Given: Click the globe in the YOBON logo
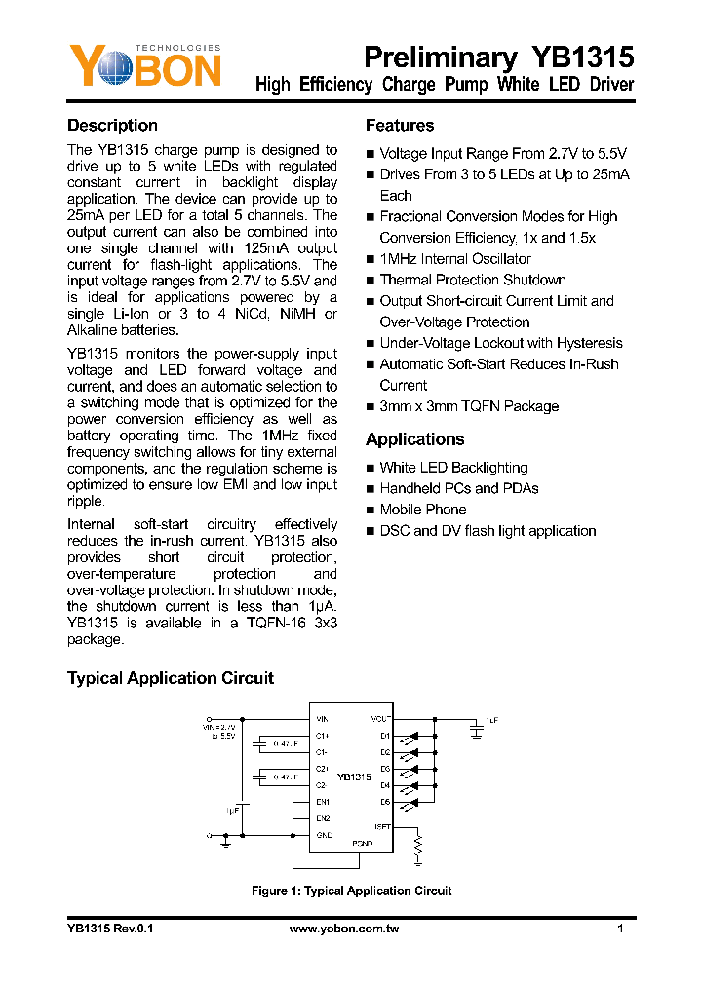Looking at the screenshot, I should pyautogui.click(x=109, y=68).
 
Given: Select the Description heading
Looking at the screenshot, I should pyautogui.click(x=112, y=126).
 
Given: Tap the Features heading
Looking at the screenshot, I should pyautogui.click(x=400, y=126).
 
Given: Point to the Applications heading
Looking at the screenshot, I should pyautogui.click(x=414, y=439).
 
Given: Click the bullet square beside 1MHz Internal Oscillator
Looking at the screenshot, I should pyautogui.click(x=370, y=260).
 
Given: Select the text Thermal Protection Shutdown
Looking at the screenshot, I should pyautogui.click(x=472, y=280).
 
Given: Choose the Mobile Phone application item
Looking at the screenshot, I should pyautogui.click(x=422, y=510).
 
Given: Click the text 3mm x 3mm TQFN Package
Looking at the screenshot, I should pyautogui.click(x=469, y=406).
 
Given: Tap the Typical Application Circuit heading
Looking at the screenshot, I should pyautogui.click(x=171, y=678).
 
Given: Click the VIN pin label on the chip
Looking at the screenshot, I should pyautogui.click(x=322, y=718).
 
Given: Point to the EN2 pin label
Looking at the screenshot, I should pyautogui.click(x=323, y=818).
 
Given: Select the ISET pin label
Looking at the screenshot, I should pyautogui.click(x=383, y=826).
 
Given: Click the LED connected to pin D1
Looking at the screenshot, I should pyautogui.click(x=413, y=736).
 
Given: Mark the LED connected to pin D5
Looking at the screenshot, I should pyautogui.click(x=413, y=803).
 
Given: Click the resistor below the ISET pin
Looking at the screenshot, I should pyautogui.click(x=418, y=848).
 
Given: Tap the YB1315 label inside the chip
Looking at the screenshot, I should pyautogui.click(x=354, y=777).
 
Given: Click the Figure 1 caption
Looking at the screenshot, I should pyautogui.click(x=351, y=891).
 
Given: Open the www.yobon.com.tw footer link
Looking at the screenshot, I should pyautogui.click(x=345, y=929).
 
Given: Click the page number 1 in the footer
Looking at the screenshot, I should pyautogui.click(x=620, y=929).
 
